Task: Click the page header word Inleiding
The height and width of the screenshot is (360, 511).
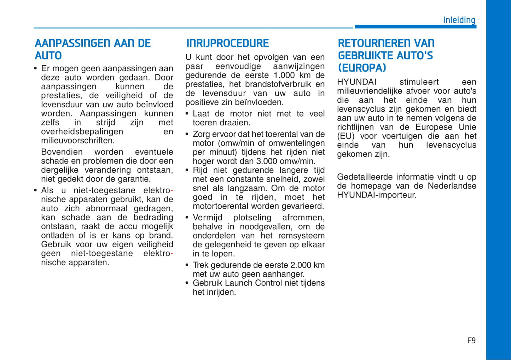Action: pos(459,20)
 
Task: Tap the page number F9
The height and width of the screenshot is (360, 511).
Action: pos(471,341)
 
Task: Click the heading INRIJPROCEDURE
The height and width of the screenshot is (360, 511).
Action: pos(227,43)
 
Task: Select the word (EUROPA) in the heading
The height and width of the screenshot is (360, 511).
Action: pos(362,68)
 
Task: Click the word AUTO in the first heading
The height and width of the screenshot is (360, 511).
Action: pos(48,56)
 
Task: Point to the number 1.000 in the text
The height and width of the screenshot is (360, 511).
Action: pos(284,75)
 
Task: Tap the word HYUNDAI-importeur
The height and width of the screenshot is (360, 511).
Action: pos(376,195)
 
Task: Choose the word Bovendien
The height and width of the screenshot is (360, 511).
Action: pos(62,152)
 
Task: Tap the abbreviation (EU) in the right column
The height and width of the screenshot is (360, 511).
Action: pos(345,136)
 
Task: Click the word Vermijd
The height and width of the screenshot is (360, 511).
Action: pos(208,218)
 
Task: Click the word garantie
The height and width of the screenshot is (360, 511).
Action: pos(135,179)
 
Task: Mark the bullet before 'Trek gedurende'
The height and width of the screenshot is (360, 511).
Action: pos(187,265)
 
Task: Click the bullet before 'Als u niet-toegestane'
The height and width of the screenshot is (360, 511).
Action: pos(35,190)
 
